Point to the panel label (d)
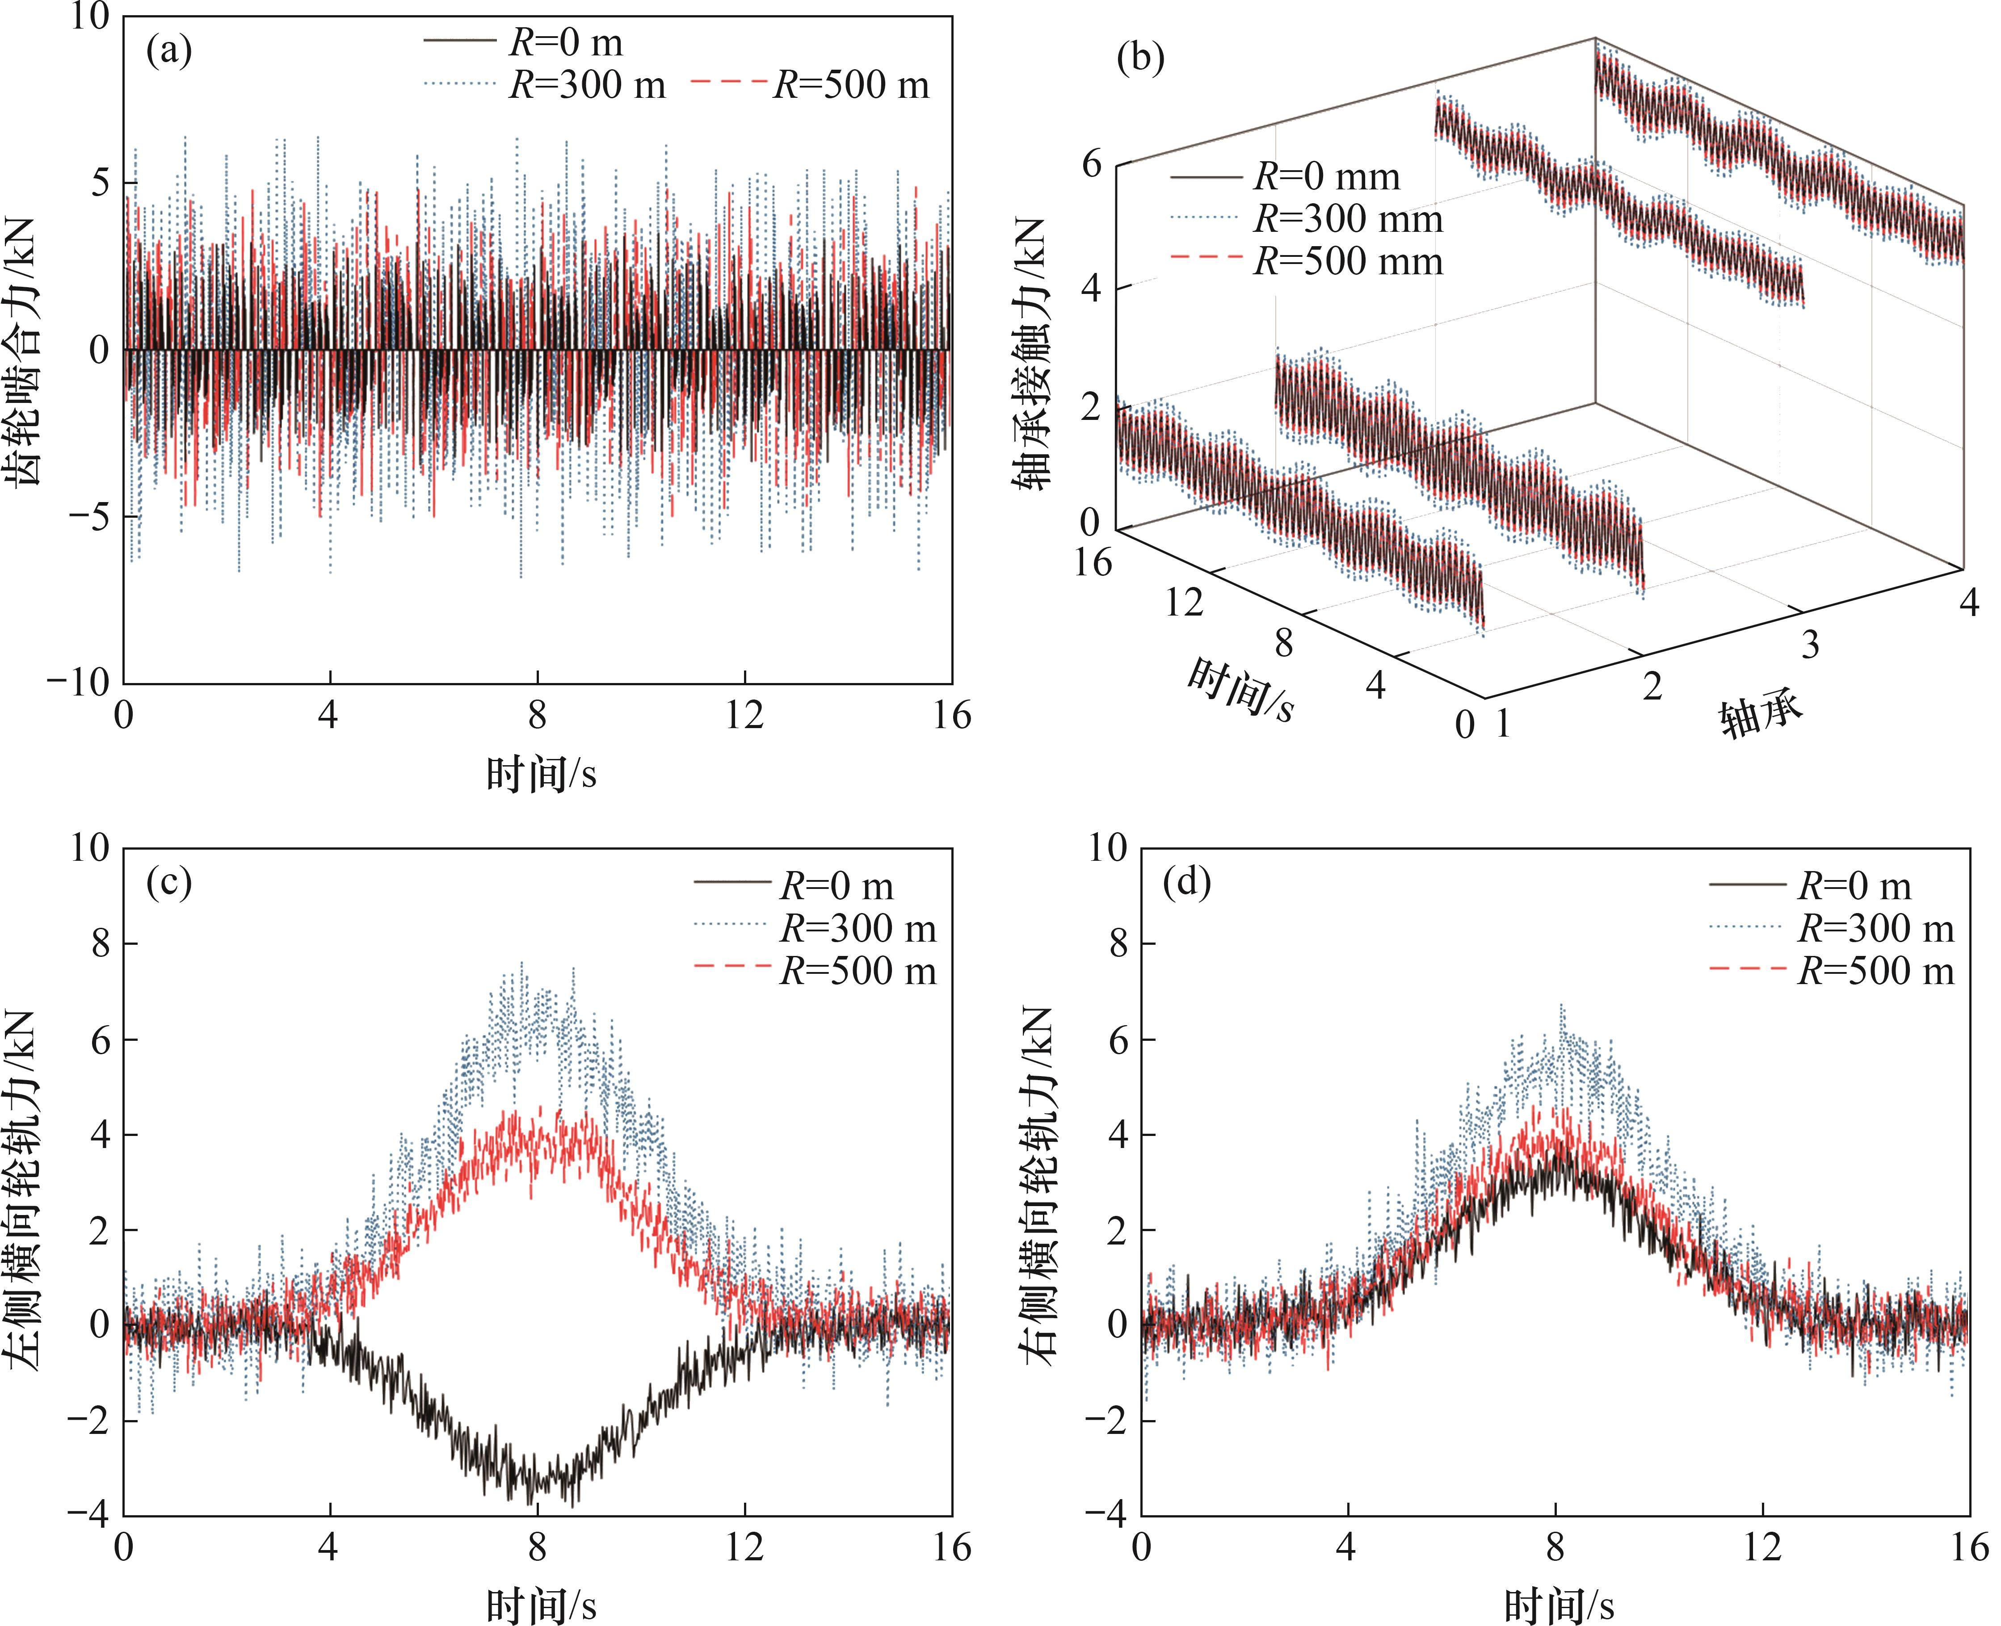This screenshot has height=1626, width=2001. point(1187,883)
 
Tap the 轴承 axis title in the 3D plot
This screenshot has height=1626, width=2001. point(1761,717)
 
